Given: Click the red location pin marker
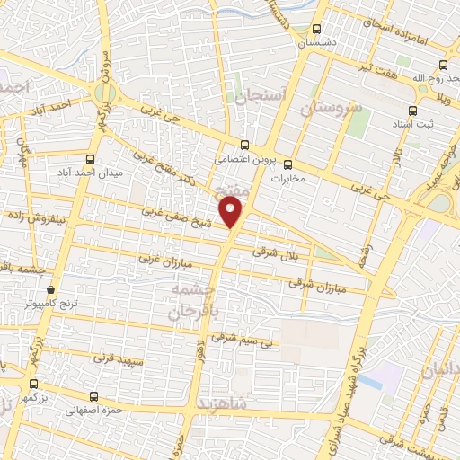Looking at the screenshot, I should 233,213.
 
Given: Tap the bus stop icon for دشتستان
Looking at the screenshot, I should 316,29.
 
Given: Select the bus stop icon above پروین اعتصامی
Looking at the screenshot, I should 246,144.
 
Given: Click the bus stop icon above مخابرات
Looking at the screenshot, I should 288,164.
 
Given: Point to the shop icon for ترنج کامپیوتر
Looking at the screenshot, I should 51,290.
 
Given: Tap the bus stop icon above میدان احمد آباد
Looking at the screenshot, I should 88,157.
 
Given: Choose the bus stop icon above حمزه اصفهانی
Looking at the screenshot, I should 94,395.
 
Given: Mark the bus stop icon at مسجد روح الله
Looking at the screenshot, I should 443,65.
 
